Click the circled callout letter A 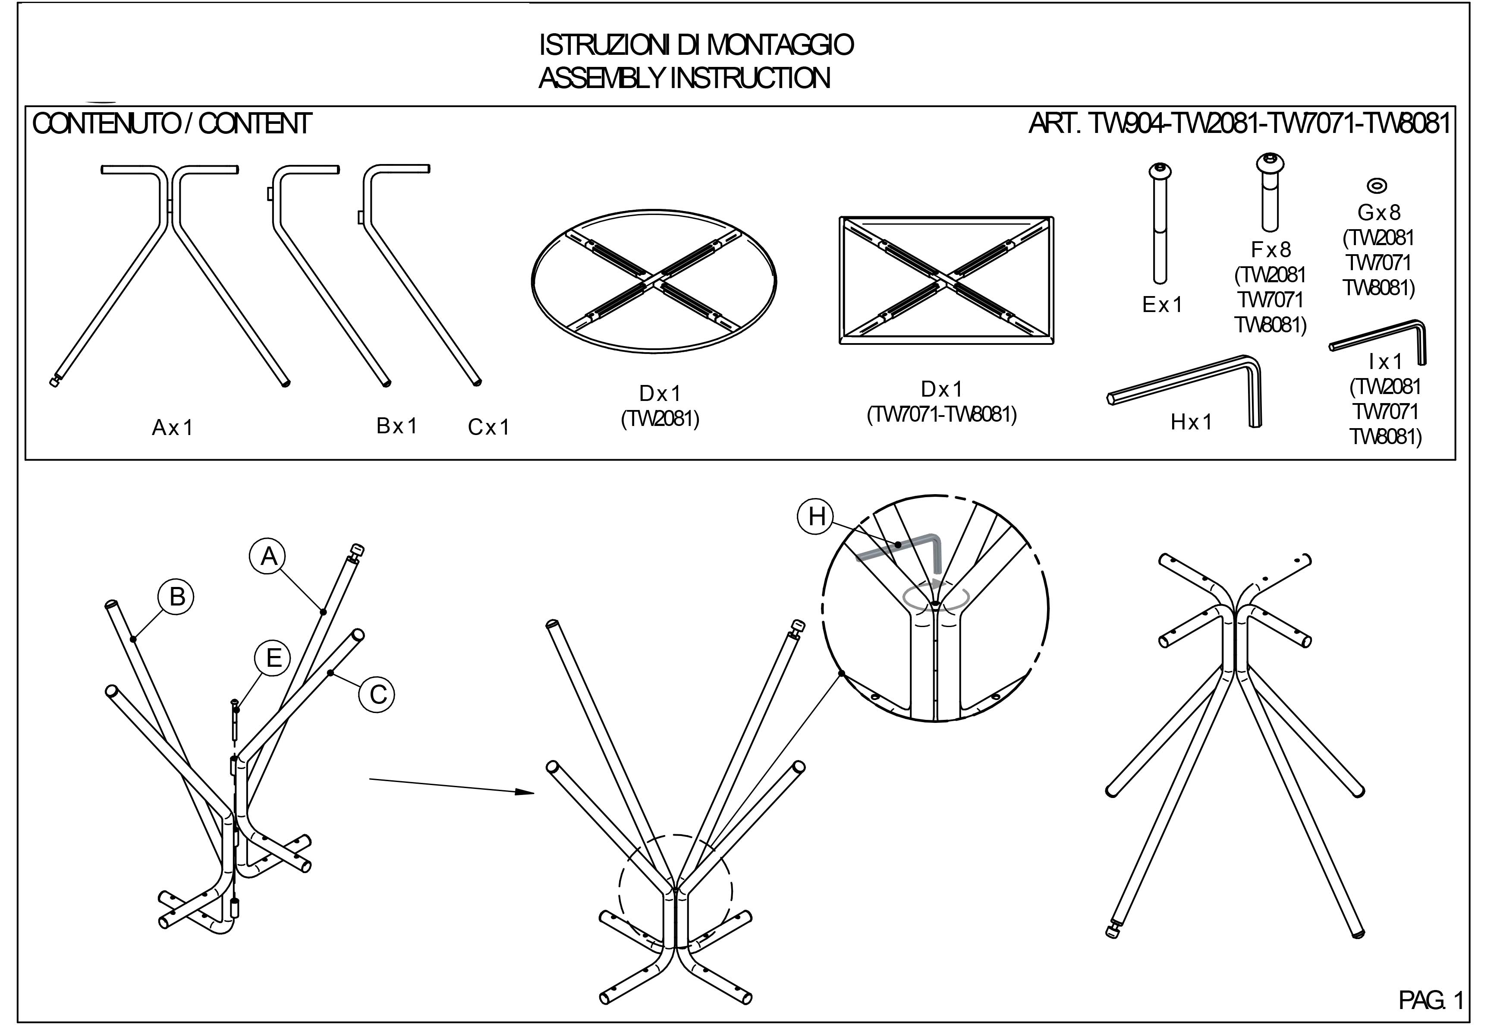[268, 555]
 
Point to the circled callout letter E [273, 657]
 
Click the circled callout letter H [817, 516]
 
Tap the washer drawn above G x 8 [1377, 186]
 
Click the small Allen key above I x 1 [1381, 339]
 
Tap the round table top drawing [653, 281]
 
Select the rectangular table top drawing [946, 280]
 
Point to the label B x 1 [397, 426]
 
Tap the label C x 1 [489, 427]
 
